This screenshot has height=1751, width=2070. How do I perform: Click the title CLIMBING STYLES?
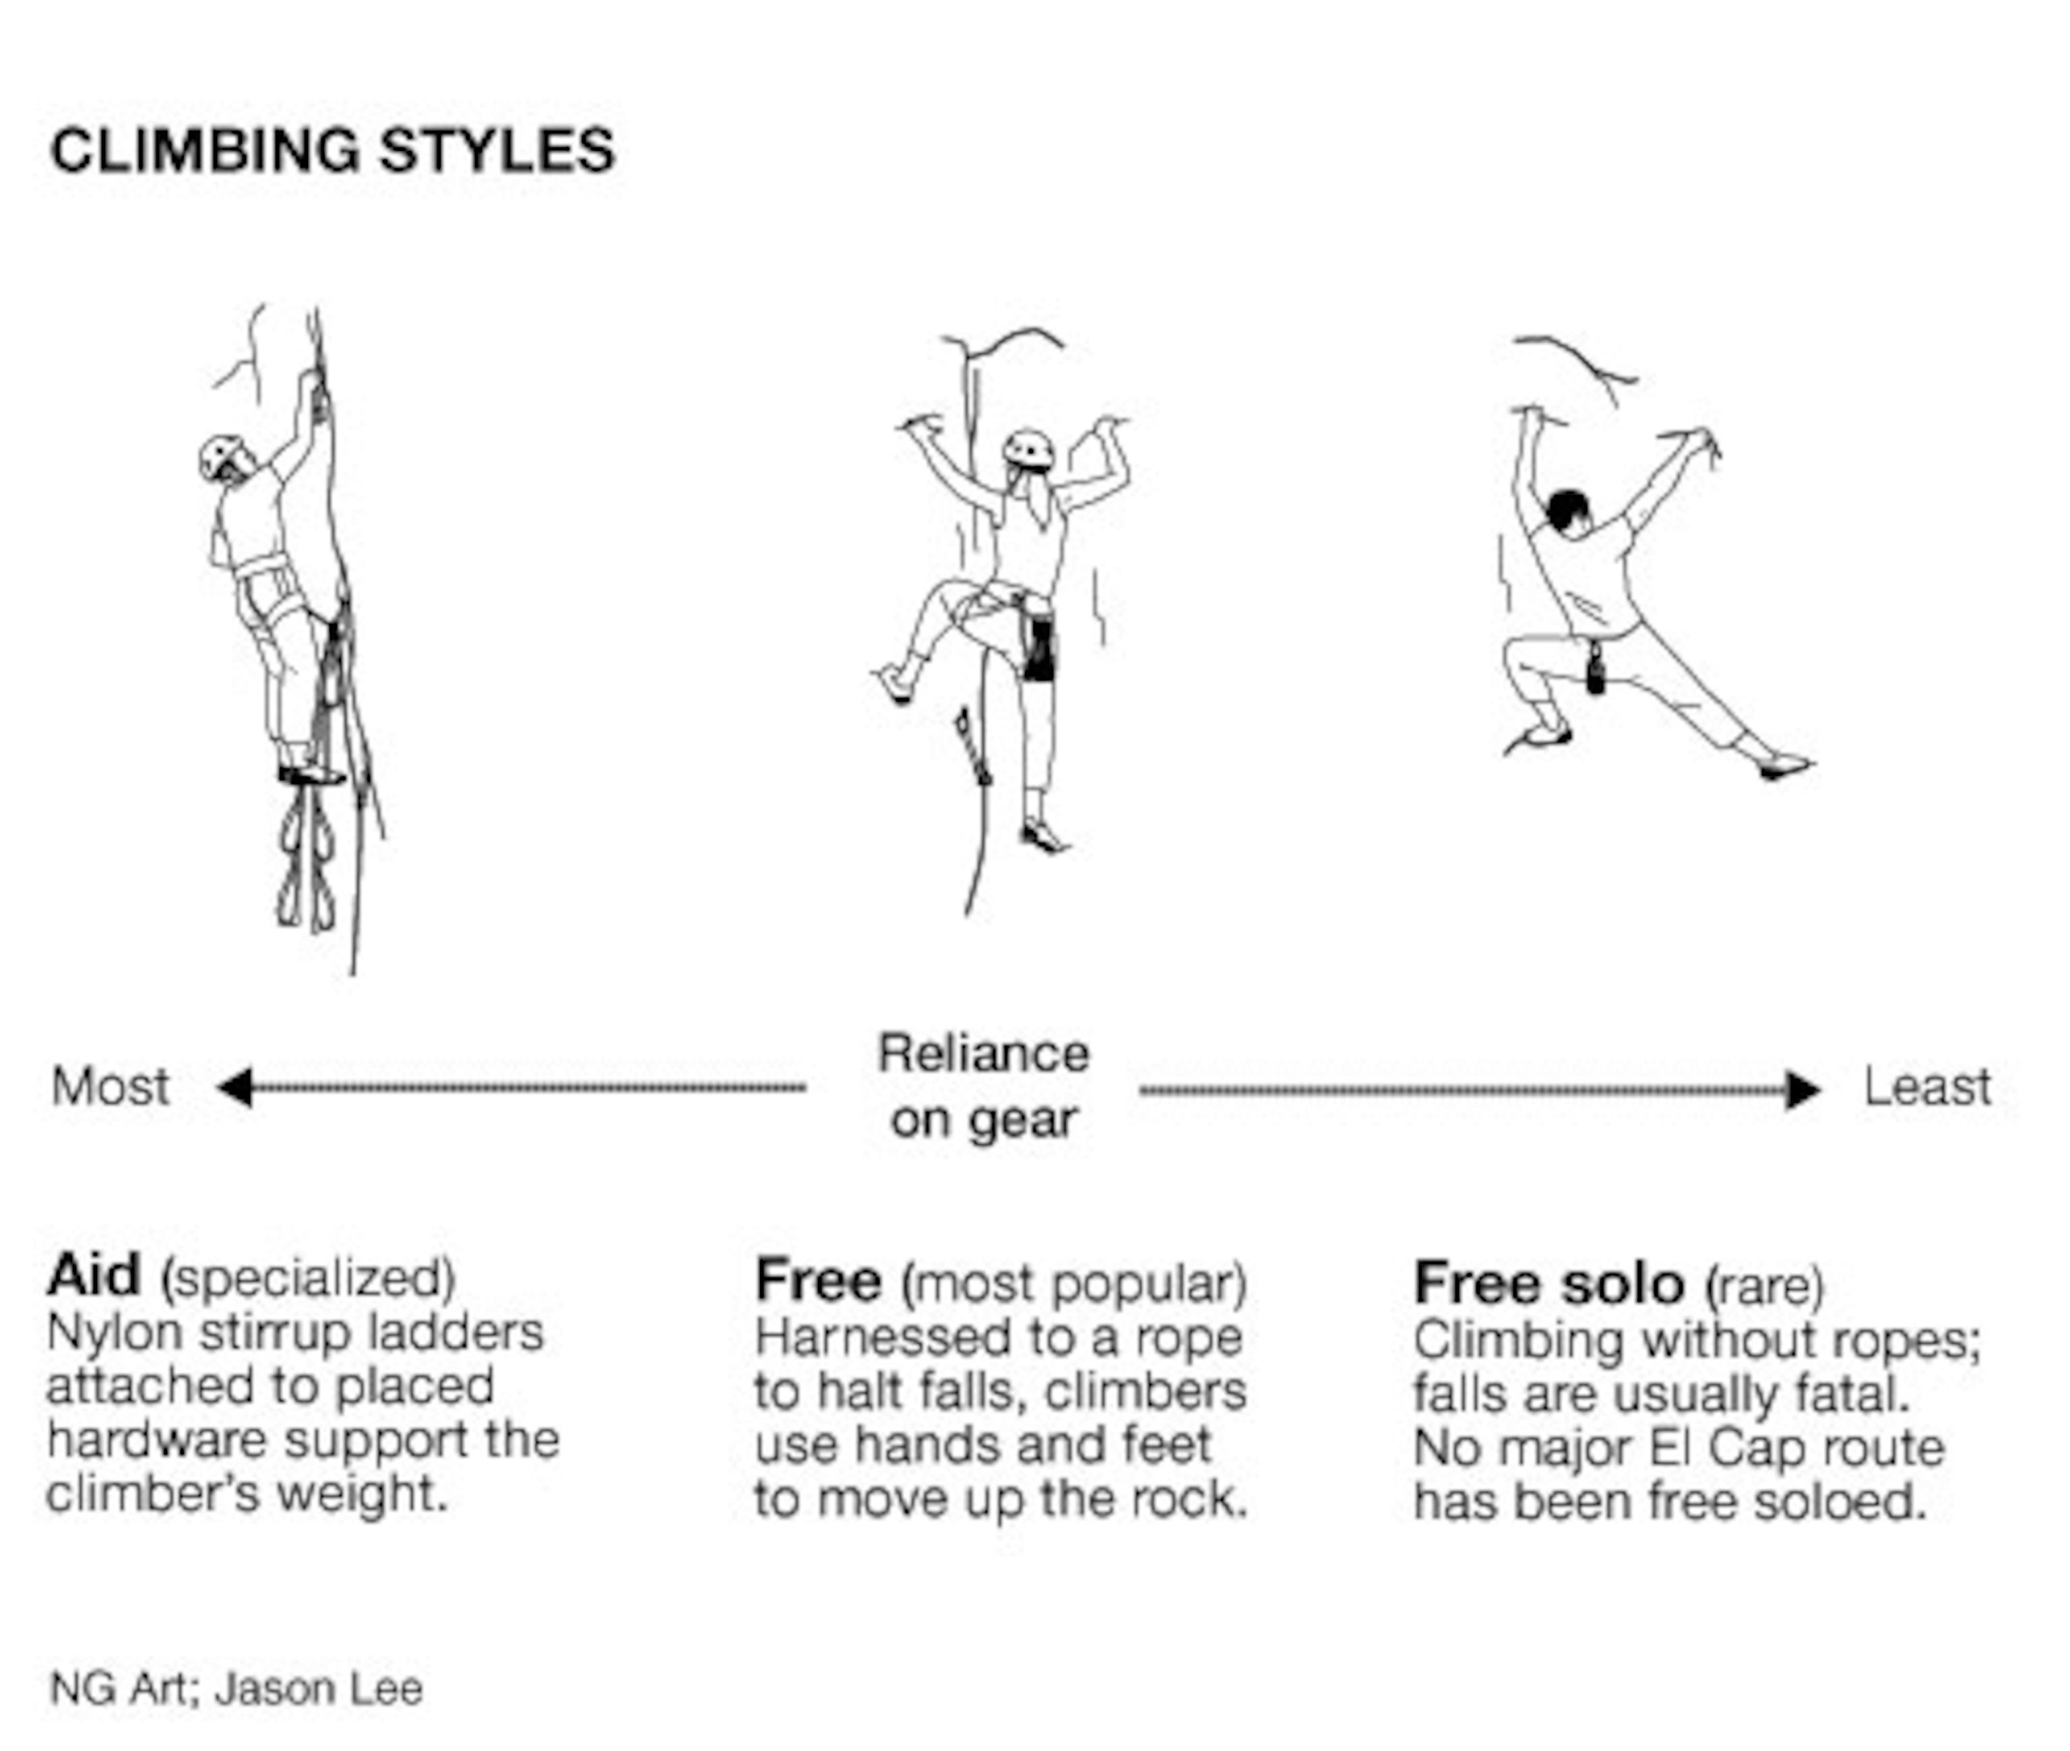(x=333, y=151)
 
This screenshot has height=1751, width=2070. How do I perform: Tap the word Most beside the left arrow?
(x=111, y=1086)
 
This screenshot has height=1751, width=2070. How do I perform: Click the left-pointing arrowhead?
(x=235, y=1087)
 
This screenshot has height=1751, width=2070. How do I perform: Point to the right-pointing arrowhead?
(x=1803, y=1090)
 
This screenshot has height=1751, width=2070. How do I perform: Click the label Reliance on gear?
(x=984, y=1087)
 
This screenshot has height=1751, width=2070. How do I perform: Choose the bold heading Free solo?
(x=1548, y=1283)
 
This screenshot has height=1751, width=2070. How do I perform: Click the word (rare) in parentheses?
(x=1764, y=1286)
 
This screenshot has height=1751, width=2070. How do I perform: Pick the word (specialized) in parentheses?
(x=308, y=1279)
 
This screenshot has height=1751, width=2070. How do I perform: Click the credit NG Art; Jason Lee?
(x=237, y=1688)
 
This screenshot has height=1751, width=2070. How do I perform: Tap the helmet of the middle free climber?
(x=1028, y=449)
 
